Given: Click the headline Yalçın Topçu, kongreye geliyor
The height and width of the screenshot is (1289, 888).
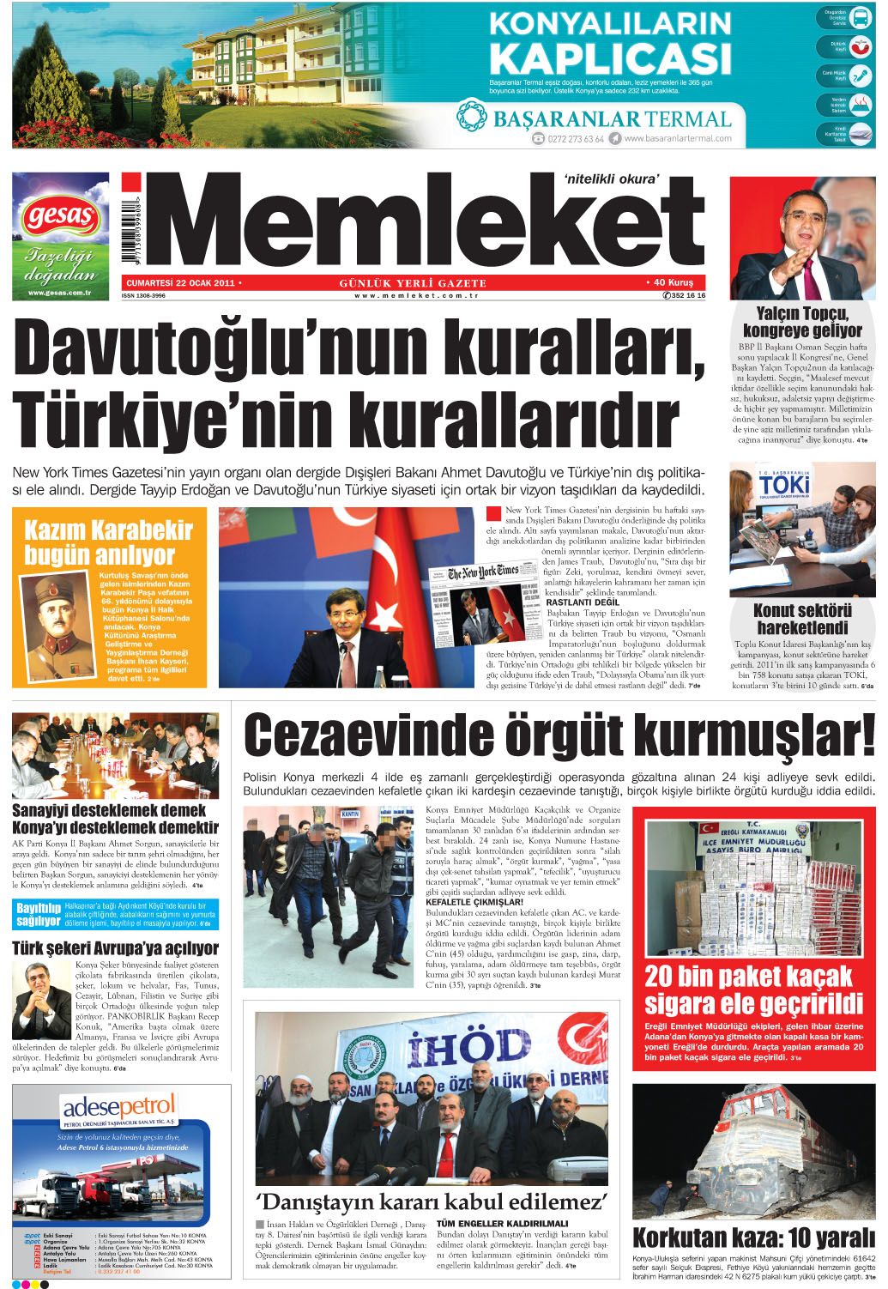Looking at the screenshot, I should click(x=802, y=322).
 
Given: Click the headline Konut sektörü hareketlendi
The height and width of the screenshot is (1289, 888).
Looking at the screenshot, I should click(x=802, y=619).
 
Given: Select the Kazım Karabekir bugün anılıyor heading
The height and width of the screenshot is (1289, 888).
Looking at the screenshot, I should click(x=108, y=542).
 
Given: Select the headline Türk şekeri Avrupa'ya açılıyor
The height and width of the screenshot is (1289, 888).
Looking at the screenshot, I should click(x=115, y=948).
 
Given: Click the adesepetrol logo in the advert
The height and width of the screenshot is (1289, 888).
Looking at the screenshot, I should click(x=119, y=1107).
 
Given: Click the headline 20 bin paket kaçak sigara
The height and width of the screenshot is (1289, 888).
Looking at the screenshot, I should click(x=753, y=989).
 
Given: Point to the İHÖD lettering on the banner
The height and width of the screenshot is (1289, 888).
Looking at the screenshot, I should click(x=469, y=1047).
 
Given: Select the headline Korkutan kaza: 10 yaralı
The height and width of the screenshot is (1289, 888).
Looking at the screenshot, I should click(x=753, y=1238).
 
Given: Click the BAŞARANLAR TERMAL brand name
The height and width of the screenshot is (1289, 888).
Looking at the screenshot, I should click(x=612, y=119).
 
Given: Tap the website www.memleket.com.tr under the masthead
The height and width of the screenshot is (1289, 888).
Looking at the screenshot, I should click(x=415, y=295).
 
